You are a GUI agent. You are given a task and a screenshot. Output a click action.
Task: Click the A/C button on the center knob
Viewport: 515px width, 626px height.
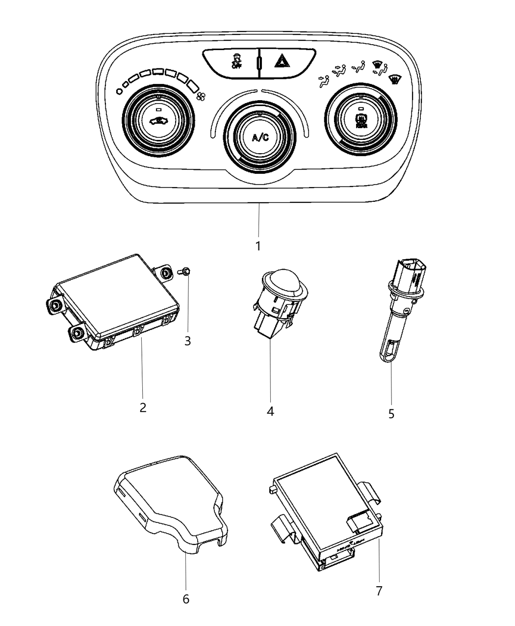click(260, 137)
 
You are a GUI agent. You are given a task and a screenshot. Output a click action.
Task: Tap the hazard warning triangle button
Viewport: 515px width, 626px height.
click(282, 62)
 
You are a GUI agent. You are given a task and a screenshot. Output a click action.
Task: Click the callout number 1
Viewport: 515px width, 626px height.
click(258, 245)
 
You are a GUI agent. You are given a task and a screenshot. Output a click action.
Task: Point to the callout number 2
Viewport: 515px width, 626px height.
click(143, 407)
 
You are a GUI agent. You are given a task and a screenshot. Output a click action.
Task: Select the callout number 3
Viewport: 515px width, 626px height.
click(188, 340)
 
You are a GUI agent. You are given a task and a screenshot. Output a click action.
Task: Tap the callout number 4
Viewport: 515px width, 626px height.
click(270, 411)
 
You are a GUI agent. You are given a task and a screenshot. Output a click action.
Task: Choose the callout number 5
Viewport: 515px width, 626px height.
click(391, 414)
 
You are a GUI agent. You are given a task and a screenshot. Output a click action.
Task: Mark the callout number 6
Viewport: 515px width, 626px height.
click(186, 599)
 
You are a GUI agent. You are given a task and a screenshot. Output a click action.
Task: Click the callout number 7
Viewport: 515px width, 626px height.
click(379, 591)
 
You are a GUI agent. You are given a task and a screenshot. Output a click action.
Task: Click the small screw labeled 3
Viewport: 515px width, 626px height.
click(186, 270)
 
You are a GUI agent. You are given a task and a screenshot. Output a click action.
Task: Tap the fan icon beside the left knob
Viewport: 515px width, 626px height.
click(200, 97)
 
